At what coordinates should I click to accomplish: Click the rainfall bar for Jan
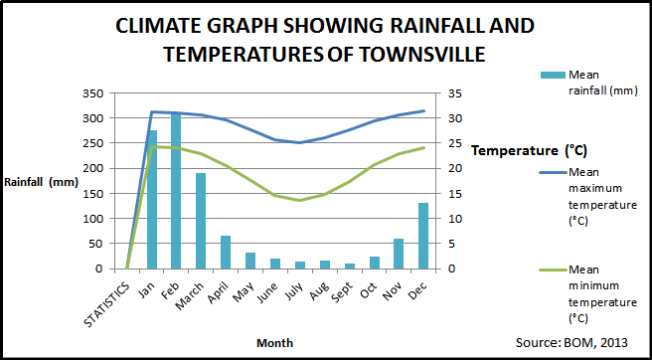[x=152, y=199]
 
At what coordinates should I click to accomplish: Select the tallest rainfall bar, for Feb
[x=177, y=190]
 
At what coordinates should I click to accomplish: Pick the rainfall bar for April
[x=226, y=252]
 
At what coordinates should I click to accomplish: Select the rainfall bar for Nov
[x=398, y=254]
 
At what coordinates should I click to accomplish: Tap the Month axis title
[x=274, y=342]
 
